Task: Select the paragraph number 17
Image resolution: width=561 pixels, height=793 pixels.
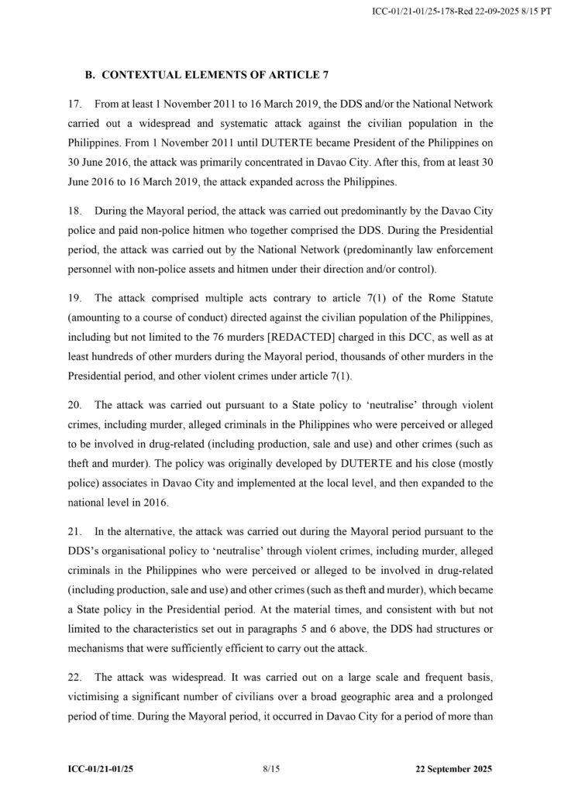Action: pos(75,103)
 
